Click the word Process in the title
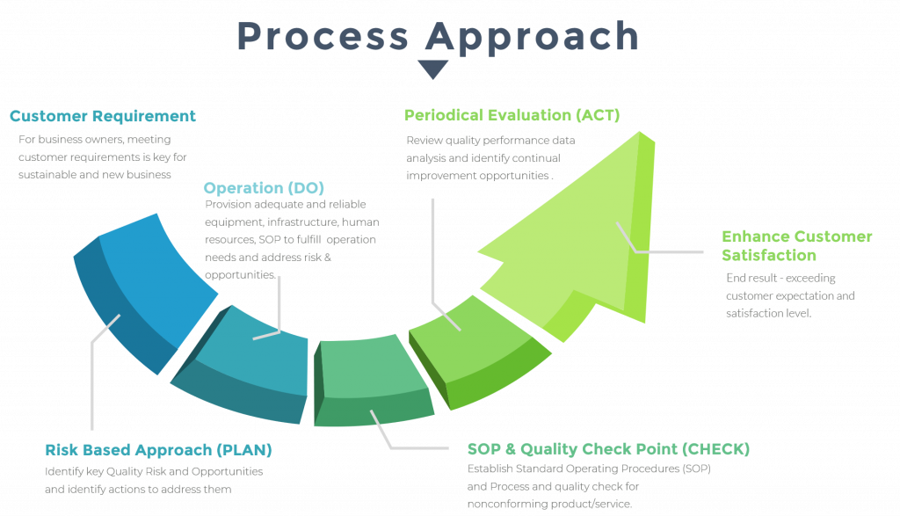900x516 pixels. (x=322, y=36)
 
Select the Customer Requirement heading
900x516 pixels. (x=103, y=116)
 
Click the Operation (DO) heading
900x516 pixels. (x=264, y=188)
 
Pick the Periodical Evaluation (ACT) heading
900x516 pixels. (x=512, y=115)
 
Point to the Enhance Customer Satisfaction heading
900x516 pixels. (x=796, y=246)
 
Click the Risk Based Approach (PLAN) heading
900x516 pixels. (x=158, y=450)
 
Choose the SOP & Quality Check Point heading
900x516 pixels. (x=608, y=449)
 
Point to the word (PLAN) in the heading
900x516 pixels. (x=243, y=450)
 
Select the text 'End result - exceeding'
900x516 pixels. (x=768, y=279)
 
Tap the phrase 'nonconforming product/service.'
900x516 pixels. (x=549, y=504)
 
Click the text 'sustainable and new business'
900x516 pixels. (x=94, y=174)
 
